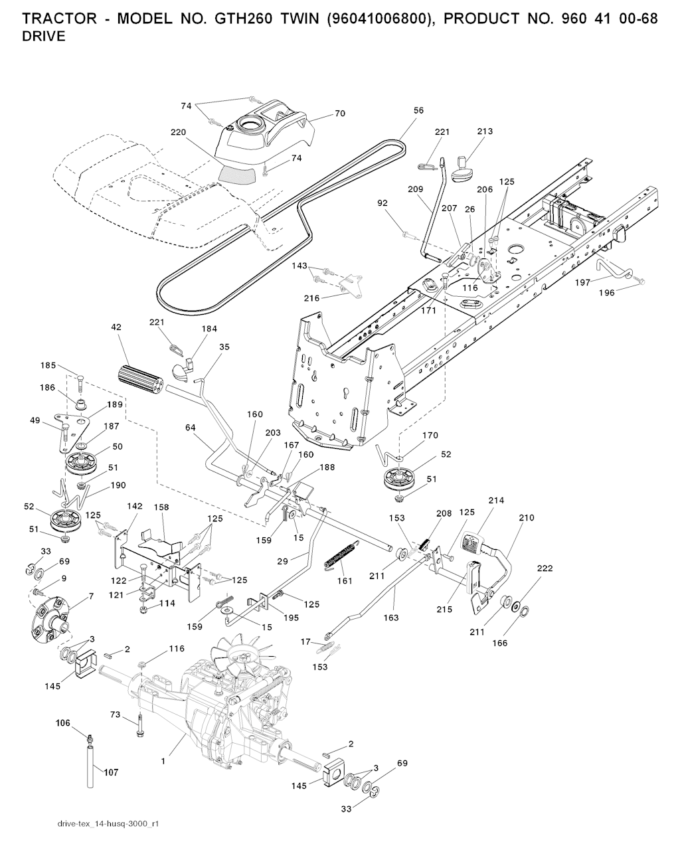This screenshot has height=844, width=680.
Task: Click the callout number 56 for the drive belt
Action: click(x=418, y=111)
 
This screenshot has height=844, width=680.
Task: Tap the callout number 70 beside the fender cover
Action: click(x=339, y=114)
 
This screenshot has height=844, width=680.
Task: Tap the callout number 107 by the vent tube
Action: click(x=111, y=772)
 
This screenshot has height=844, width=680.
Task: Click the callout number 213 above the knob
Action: click(x=485, y=131)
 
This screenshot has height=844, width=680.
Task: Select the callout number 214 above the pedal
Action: click(x=496, y=500)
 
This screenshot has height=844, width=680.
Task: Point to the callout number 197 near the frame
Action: click(x=582, y=282)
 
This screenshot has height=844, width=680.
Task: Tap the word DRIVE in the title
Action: click(x=44, y=37)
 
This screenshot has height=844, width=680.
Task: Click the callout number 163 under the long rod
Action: click(x=391, y=618)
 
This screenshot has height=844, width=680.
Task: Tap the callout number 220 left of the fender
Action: click(x=178, y=132)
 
